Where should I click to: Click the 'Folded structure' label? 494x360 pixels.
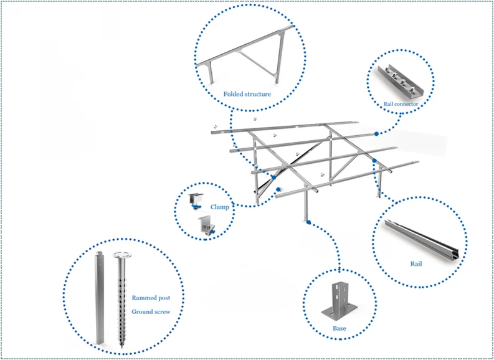(247, 94)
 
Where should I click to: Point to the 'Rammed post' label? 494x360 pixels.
(150, 298)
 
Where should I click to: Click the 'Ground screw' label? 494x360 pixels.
(151, 311)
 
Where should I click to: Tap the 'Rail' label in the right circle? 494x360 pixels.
(416, 263)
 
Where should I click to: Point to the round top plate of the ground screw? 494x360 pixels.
(120, 255)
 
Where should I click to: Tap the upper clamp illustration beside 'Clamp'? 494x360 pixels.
(197, 200)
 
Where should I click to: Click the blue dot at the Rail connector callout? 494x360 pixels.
(377, 133)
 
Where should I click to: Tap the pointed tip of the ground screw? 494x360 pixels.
(120, 345)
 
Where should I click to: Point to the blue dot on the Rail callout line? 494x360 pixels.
(374, 161)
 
